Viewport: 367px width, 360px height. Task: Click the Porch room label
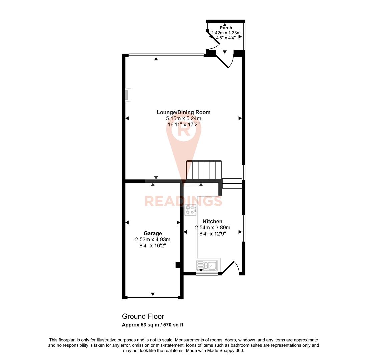226,28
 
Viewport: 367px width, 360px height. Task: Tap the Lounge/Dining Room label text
184,112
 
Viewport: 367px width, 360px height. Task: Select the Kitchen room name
213,221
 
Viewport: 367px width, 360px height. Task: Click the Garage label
153,233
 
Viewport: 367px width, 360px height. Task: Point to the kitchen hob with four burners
190,210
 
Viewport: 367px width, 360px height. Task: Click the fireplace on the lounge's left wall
128,95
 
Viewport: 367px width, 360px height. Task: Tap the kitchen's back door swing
231,268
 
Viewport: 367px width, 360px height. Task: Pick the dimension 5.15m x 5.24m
184,118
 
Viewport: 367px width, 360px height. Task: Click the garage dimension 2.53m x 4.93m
153,239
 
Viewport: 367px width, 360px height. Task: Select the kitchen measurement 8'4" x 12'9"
213,234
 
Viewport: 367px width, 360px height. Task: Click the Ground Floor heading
143,316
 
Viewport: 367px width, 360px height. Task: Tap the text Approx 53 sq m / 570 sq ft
153,325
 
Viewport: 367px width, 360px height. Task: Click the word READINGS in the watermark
183,201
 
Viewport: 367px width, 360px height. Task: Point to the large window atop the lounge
166,55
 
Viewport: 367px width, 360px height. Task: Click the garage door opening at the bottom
153,297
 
